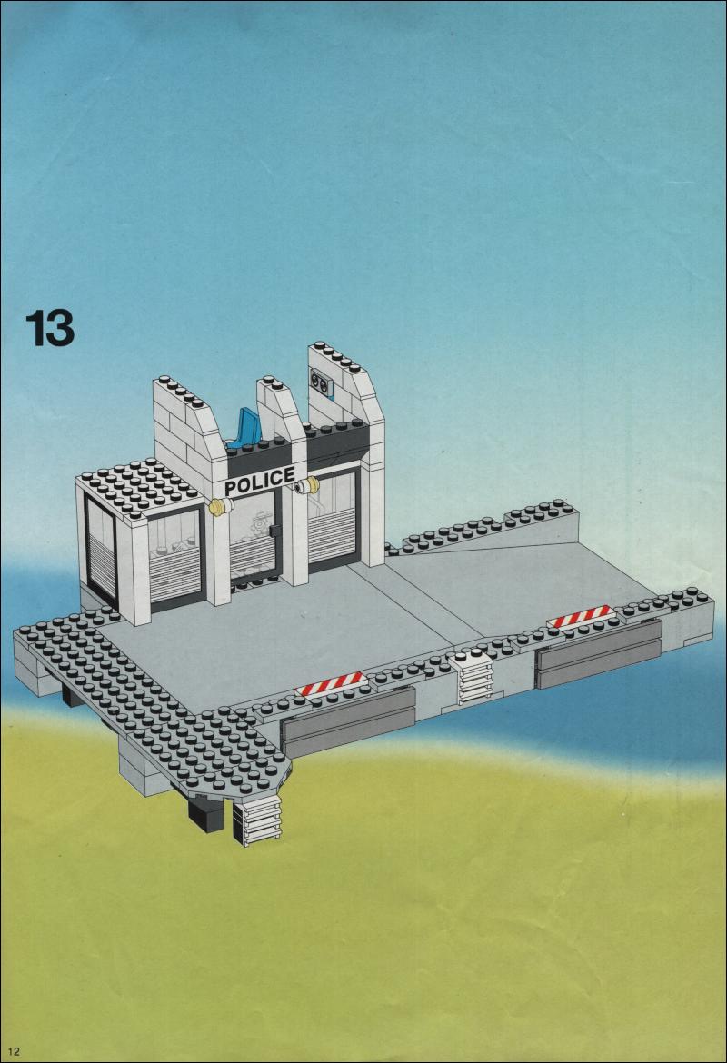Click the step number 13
pyautogui.click(x=49, y=328)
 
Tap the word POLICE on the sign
pyautogui.click(x=260, y=480)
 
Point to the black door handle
pyautogui.click(x=274, y=531)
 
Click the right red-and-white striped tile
pyautogui.click(x=581, y=616)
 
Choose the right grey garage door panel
pyautogui.click(x=598, y=653)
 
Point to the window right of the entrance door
pyautogui.click(x=333, y=520)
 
